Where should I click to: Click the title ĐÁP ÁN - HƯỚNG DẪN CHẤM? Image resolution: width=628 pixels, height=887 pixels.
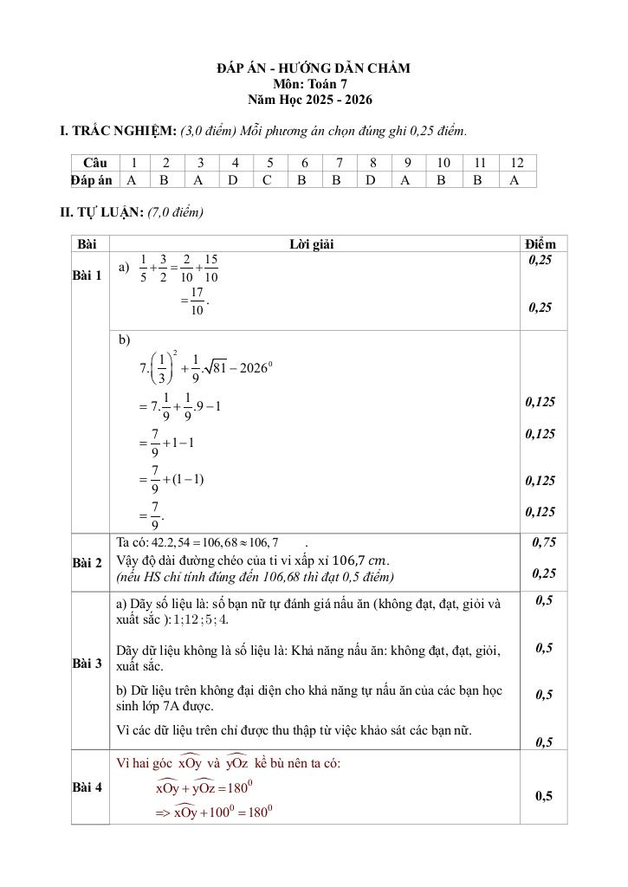314,68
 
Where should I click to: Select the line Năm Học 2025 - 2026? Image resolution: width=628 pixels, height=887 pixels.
314,100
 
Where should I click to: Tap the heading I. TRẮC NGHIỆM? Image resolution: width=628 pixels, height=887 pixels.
118,131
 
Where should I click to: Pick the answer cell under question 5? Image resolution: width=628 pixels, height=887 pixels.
269,180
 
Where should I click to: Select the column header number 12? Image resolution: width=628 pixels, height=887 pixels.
517,163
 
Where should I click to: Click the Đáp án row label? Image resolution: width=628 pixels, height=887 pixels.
92,180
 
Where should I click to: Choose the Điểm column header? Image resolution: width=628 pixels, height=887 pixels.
543,244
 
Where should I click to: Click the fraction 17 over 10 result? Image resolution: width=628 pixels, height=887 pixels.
197,301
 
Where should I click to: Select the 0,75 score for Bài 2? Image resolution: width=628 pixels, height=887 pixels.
543,542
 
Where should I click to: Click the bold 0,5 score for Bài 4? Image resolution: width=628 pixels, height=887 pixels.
544,796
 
